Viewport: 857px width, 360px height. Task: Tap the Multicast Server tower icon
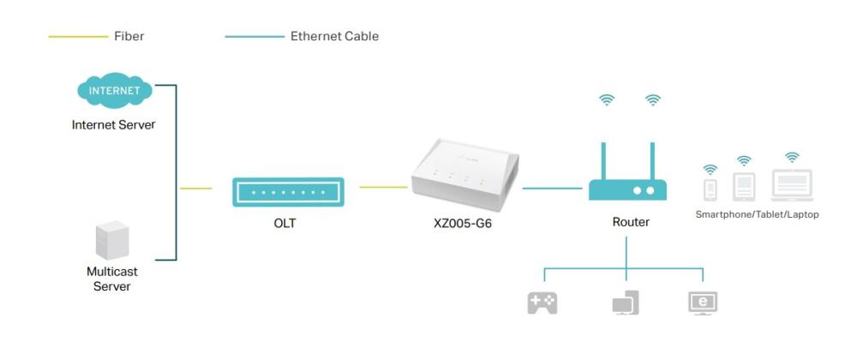pyautogui.click(x=111, y=242)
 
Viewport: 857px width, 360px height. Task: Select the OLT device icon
pyautogui.click(x=288, y=192)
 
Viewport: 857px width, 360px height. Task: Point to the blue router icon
pyautogui.click(x=628, y=189)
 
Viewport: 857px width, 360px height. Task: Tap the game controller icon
pyautogui.click(x=542, y=303)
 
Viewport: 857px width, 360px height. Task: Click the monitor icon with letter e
pyautogui.click(x=703, y=303)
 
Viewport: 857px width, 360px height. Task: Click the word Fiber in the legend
pyautogui.click(x=129, y=37)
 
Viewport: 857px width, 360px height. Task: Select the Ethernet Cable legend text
pyautogui.click(x=334, y=37)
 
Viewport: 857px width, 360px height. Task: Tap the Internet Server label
pyautogui.click(x=113, y=125)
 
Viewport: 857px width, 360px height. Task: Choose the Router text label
pyautogui.click(x=630, y=222)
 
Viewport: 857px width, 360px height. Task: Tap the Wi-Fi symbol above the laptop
pyautogui.click(x=792, y=157)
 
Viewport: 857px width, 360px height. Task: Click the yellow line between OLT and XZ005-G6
pyautogui.click(x=383, y=187)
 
